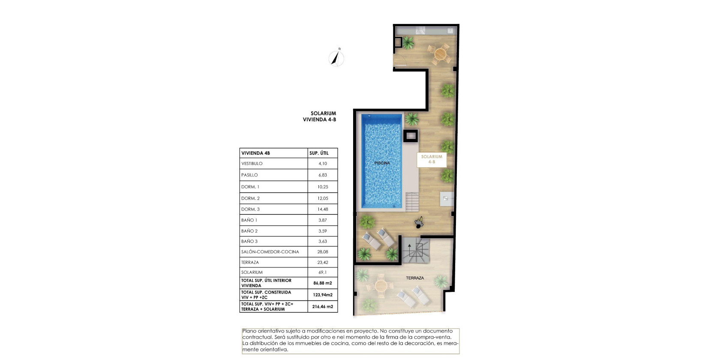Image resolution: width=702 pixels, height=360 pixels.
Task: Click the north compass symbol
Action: [336, 58]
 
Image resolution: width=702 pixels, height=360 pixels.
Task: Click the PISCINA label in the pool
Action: [382, 163]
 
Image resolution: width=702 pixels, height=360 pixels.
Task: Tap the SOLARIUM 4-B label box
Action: [432, 159]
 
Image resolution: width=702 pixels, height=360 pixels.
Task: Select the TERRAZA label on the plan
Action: [415, 278]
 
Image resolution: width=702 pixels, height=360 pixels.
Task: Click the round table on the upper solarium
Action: [440, 54]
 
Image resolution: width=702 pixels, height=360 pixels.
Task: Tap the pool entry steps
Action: [412, 201]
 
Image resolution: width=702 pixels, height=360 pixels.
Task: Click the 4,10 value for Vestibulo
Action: [323, 163]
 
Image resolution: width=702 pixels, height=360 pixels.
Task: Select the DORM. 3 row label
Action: [250, 209]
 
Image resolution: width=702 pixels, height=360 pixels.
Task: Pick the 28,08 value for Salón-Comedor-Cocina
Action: [323, 252]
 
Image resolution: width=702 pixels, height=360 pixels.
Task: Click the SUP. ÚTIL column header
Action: [319, 153]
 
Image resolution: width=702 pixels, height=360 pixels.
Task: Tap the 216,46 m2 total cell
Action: [323, 306]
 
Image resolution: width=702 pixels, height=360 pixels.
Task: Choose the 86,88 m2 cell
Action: [323, 283]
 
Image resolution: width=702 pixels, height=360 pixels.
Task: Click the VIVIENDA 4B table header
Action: [256, 153]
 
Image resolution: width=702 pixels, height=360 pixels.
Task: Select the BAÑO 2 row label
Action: [249, 231]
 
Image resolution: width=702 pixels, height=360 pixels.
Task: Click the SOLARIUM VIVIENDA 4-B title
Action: [320, 117]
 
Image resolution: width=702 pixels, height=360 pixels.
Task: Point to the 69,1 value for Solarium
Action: [323, 272]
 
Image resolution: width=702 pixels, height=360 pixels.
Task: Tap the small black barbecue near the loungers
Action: [418, 222]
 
